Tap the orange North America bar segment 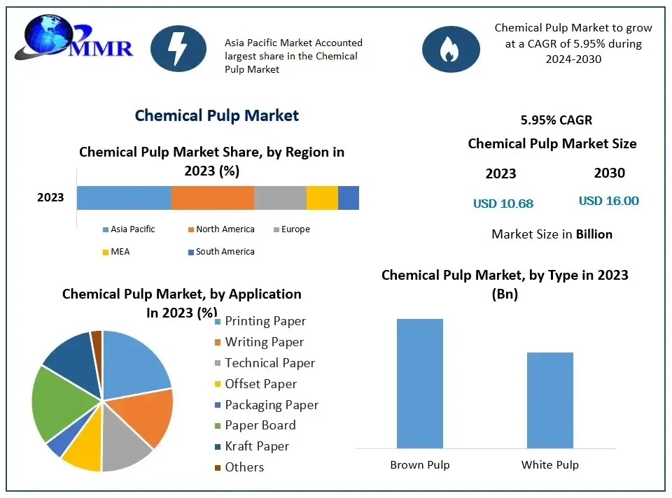click(x=213, y=198)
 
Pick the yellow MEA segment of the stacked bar click(x=322, y=198)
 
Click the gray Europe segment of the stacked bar click(x=280, y=198)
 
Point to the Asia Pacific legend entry click(x=132, y=229)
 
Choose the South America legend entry click(x=225, y=252)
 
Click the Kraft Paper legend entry click(x=256, y=446)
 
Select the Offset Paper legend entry click(x=260, y=384)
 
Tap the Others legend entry click(x=244, y=467)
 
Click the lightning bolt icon click(x=178, y=48)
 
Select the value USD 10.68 click(x=503, y=204)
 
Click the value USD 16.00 click(x=608, y=201)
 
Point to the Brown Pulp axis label click(x=419, y=464)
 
